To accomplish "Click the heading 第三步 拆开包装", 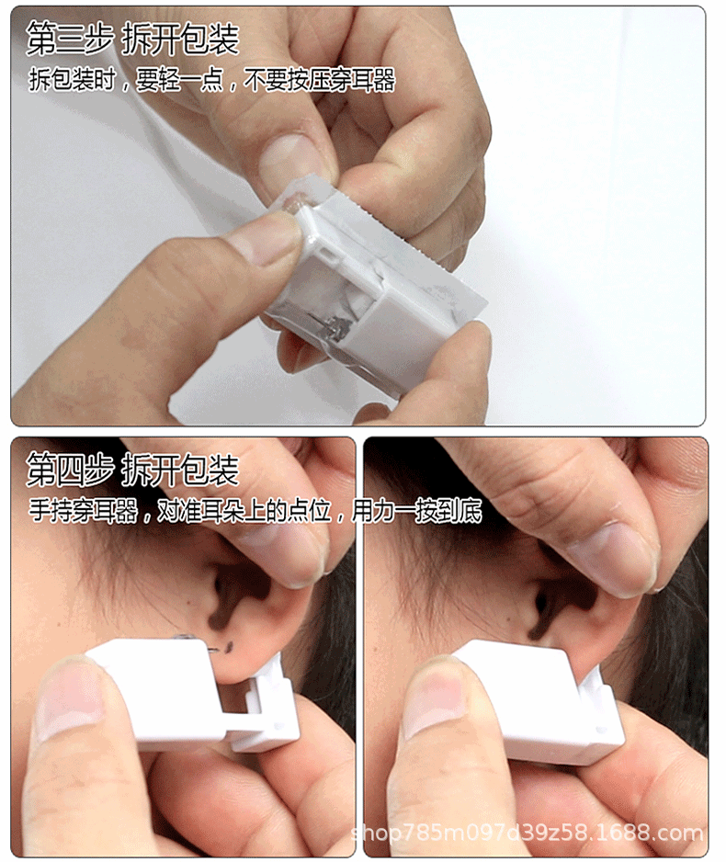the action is (132, 39).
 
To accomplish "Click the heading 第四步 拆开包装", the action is (132, 469).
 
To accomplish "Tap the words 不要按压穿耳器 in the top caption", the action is (319, 80).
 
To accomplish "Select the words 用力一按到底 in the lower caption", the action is (416, 511).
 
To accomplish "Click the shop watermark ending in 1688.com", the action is (527, 833).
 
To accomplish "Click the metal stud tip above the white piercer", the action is (183, 637).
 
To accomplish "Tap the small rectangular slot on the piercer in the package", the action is (329, 255).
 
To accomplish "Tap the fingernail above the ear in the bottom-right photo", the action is (611, 555).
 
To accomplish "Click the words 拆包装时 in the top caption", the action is (72, 80).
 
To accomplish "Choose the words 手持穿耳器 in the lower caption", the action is (83, 511).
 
